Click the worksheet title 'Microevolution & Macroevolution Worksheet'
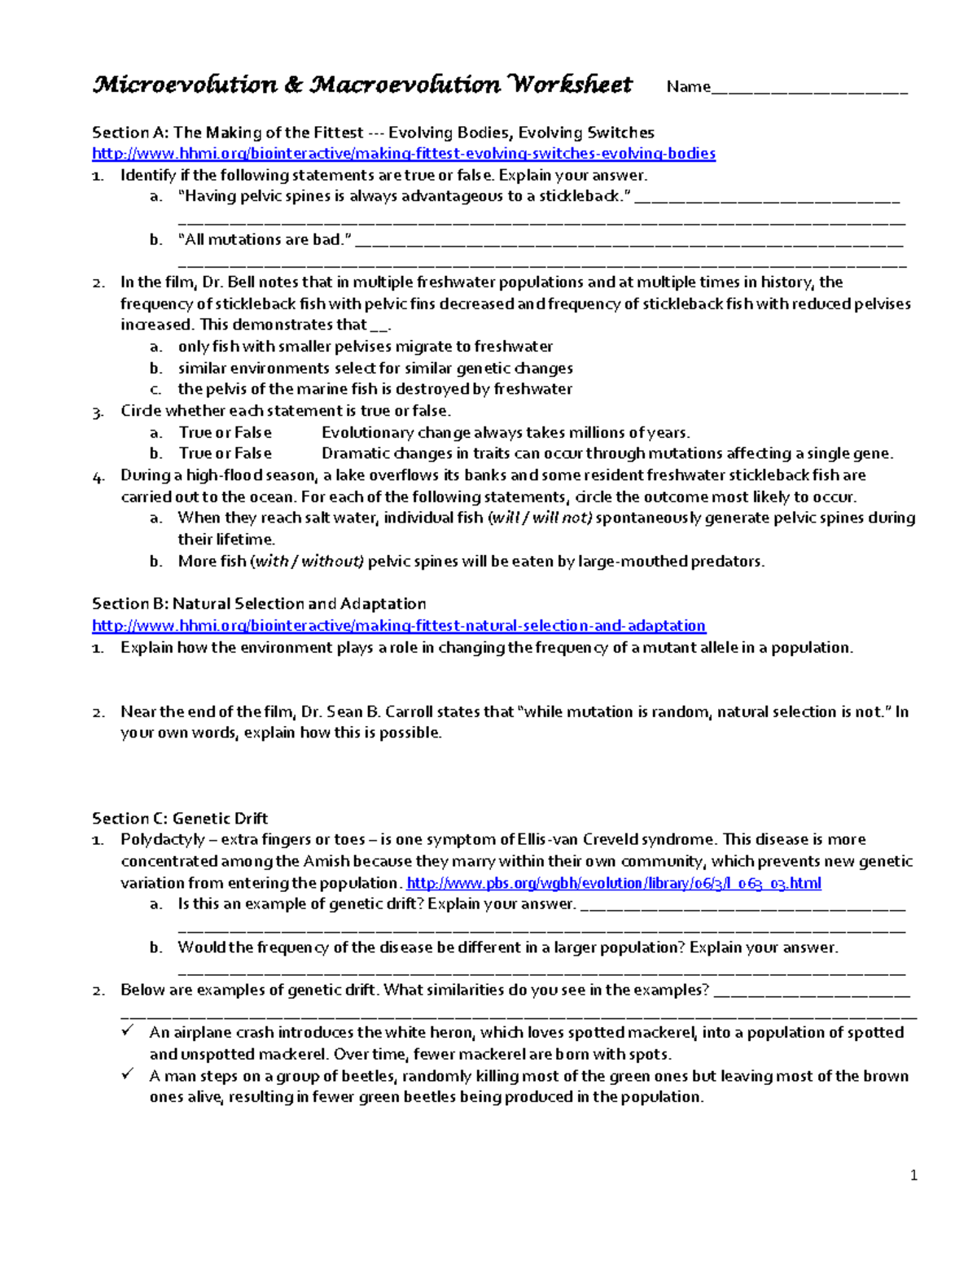click(362, 85)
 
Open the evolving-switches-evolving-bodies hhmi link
click(404, 154)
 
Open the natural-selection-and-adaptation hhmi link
click(399, 626)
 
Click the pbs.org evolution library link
click(614, 883)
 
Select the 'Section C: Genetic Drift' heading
click(180, 818)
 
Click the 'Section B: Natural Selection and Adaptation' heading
click(259, 604)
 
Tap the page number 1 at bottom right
click(913, 1174)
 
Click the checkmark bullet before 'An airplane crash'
click(128, 1031)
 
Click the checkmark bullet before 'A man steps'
click(128, 1074)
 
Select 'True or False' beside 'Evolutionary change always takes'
click(226, 432)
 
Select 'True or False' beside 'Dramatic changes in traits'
click(226, 453)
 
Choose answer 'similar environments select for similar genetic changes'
click(375, 368)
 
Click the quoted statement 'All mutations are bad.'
click(265, 239)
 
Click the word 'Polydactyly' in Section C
click(163, 839)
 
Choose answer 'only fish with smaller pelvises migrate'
click(366, 347)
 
